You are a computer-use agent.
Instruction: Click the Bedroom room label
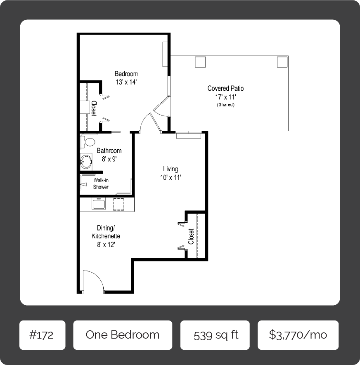(126, 74)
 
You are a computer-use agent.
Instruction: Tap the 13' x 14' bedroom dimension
(126, 82)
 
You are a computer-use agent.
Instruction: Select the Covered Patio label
(225, 88)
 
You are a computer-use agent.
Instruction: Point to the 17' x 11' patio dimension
(225, 97)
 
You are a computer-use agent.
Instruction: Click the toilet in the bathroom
(88, 142)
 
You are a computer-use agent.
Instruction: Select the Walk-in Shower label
(101, 184)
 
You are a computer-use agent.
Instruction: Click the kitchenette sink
(99, 204)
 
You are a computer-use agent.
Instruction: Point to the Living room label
(171, 169)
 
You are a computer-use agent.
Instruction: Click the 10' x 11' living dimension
(171, 178)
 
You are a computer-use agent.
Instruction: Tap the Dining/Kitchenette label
(106, 232)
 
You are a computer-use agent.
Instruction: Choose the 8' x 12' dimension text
(106, 245)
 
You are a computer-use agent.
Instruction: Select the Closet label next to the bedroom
(94, 108)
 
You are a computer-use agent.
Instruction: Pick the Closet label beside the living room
(191, 236)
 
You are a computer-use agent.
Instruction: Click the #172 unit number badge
(43, 335)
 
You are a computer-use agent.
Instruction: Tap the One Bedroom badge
(123, 335)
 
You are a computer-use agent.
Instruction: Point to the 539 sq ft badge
(215, 335)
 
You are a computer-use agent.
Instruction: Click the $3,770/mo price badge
(298, 335)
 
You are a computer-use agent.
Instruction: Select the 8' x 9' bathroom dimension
(109, 159)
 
